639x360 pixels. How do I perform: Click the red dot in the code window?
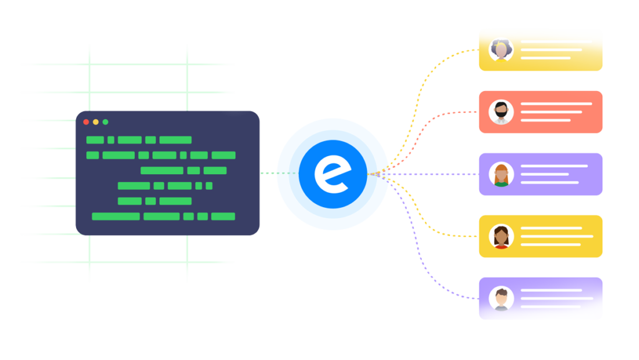click(86, 122)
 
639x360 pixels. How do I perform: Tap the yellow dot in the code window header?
click(95, 122)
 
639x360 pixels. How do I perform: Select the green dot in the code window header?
click(105, 122)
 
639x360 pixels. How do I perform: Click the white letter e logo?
click(332, 174)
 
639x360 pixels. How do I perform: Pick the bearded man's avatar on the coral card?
click(501, 112)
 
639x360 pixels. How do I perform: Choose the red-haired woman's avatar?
click(501, 174)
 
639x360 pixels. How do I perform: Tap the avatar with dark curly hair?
click(501, 50)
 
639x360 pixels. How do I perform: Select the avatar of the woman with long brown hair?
click(501, 236)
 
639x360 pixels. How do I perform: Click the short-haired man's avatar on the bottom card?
click(501, 298)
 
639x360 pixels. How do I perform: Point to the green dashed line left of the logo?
click(278, 173)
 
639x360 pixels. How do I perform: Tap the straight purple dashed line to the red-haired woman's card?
click(437, 174)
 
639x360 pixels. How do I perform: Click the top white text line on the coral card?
click(556, 104)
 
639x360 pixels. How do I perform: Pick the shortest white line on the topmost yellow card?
click(545, 58)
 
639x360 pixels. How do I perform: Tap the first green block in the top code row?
click(95, 140)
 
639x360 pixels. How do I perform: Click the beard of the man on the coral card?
click(501, 115)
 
